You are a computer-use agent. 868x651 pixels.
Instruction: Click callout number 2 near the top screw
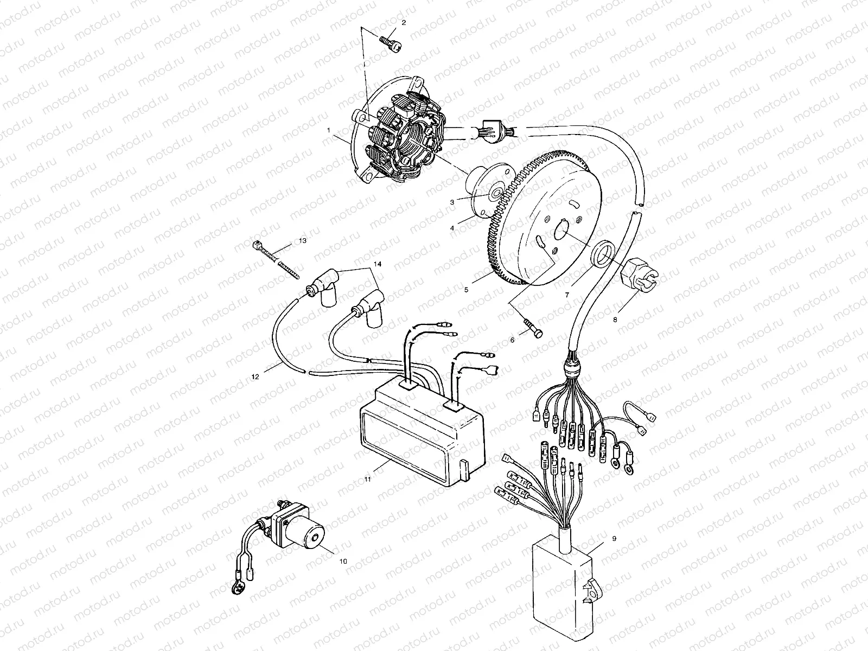pos(404,22)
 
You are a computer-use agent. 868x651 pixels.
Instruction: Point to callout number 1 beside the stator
pos(343,130)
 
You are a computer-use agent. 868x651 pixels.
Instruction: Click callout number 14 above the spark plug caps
pos(377,264)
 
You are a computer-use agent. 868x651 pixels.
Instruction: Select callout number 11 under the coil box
pos(367,480)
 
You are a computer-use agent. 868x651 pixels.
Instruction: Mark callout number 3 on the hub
pos(452,201)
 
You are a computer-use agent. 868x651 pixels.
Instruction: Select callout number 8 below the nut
pos(615,320)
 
